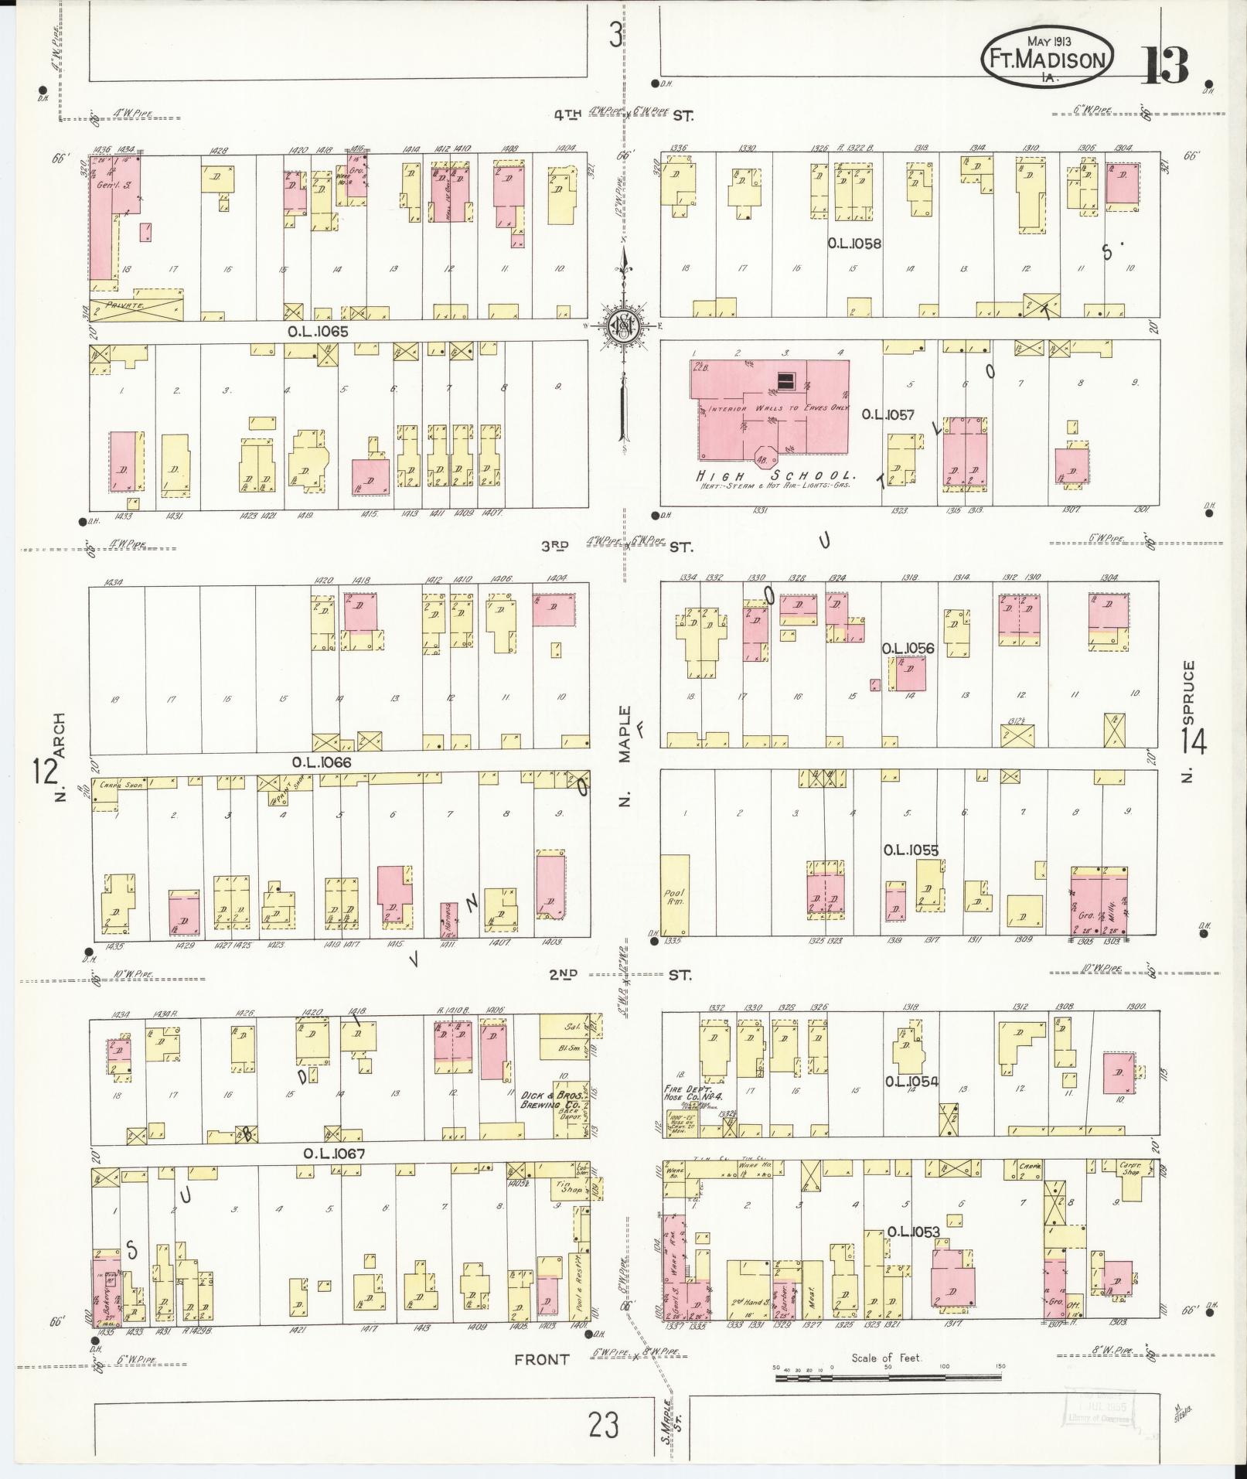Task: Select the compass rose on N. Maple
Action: [622, 325]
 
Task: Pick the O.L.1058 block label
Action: [854, 244]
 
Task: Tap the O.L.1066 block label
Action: [322, 762]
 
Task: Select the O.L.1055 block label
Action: [911, 850]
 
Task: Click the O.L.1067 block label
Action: [332, 1154]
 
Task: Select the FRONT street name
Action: [541, 1360]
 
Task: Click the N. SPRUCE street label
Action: [1188, 721]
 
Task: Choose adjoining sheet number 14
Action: [1194, 742]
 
